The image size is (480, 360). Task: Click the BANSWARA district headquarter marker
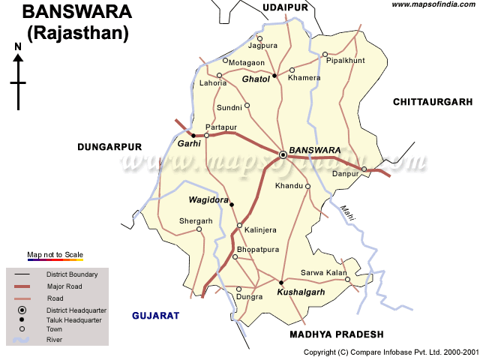coord(283,154)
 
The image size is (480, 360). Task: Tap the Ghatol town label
coord(255,78)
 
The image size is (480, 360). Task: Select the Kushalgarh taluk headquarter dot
coord(281,282)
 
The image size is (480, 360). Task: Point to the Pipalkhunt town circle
coord(325,54)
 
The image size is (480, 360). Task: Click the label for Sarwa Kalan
coord(322,272)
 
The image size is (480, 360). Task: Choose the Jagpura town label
coord(262,46)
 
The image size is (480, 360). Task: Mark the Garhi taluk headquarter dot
coord(193,136)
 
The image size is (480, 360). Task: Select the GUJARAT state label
coord(156,316)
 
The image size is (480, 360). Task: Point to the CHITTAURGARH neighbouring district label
coord(433,101)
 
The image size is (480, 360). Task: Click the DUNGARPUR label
coord(109,148)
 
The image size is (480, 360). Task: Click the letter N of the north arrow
coord(18,46)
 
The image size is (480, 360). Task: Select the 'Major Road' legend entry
coord(64,286)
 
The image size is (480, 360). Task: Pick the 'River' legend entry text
coord(55,340)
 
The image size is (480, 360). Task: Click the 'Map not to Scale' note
coord(55,255)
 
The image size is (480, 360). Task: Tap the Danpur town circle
coord(364,169)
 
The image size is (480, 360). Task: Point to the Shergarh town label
coord(196,220)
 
